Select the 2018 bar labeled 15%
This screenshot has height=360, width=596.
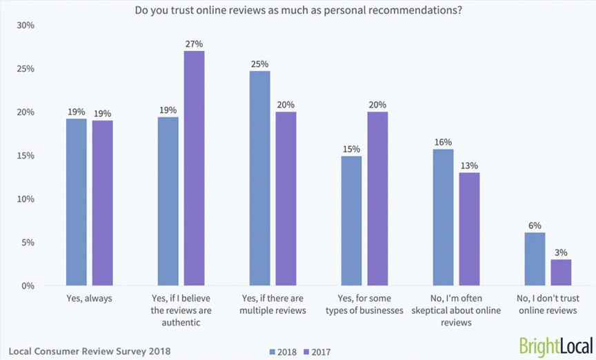(351, 221)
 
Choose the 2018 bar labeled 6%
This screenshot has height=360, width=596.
(535, 259)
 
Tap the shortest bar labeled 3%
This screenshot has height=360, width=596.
(561, 272)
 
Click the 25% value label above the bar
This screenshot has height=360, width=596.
(260, 64)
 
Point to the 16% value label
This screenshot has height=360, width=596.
(443, 142)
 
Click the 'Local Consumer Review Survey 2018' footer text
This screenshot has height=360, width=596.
(90, 350)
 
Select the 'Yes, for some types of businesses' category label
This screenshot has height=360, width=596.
(365, 305)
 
